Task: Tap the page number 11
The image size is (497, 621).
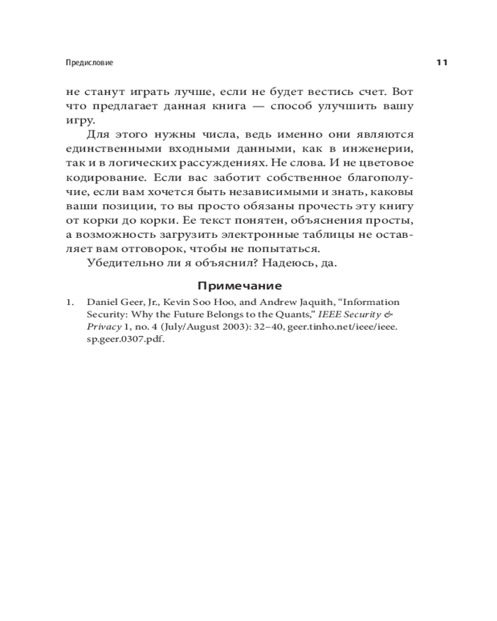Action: click(442, 63)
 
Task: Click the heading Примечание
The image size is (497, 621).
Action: click(239, 286)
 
